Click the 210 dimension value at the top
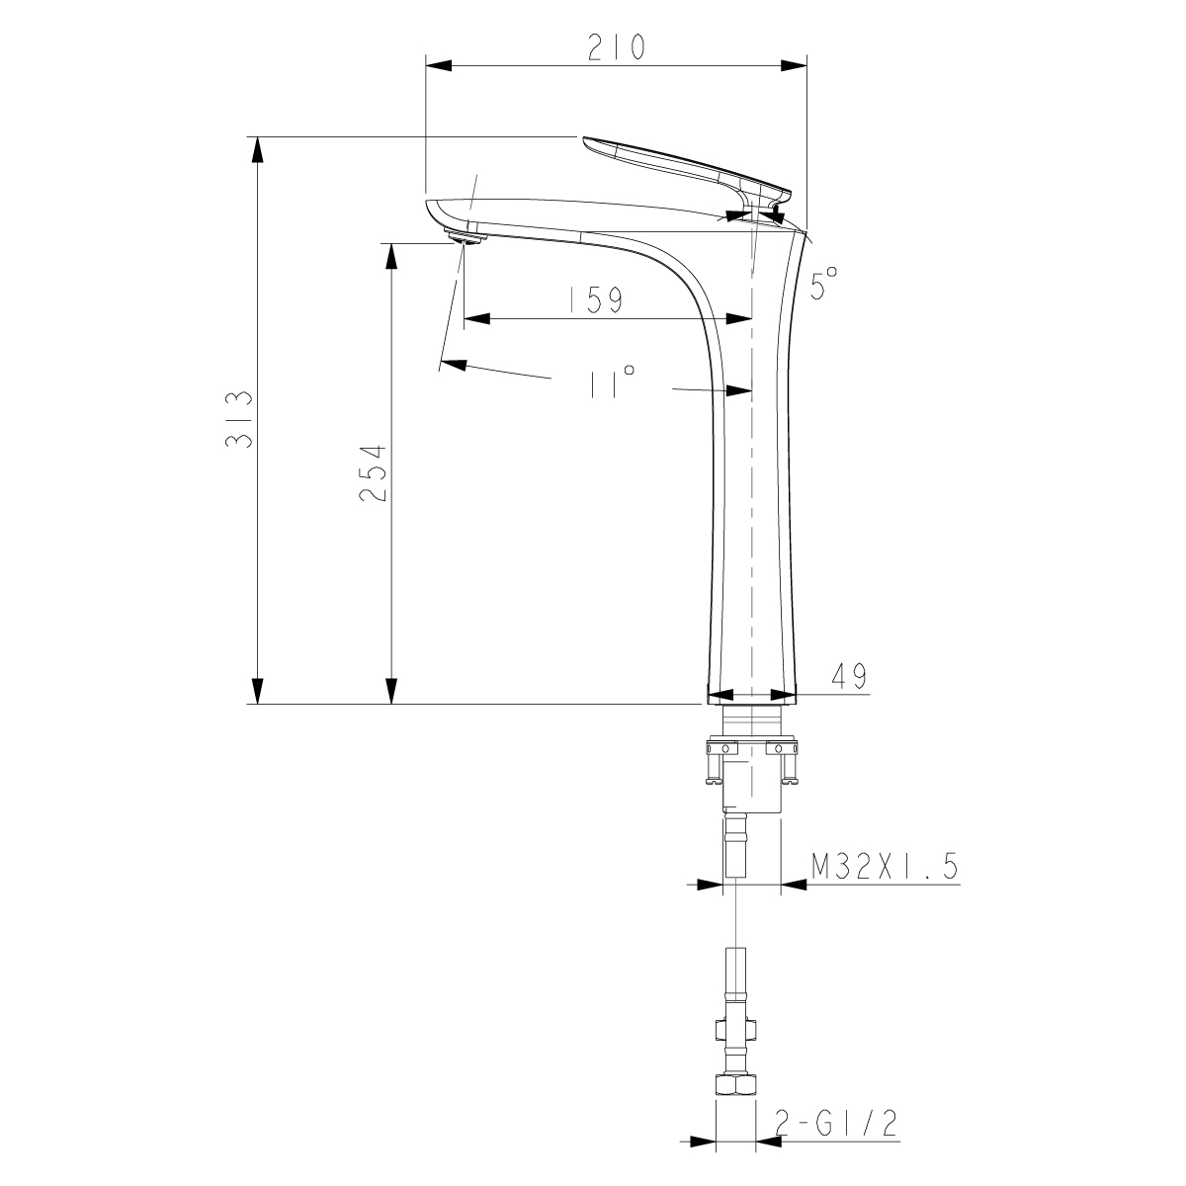coord(616,47)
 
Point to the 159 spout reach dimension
coord(596,299)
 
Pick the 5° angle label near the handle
coord(823,285)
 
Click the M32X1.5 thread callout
coord(885,868)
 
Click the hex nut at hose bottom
coord(734,1085)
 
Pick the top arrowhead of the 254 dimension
coord(391,256)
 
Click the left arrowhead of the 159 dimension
coord(478,318)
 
